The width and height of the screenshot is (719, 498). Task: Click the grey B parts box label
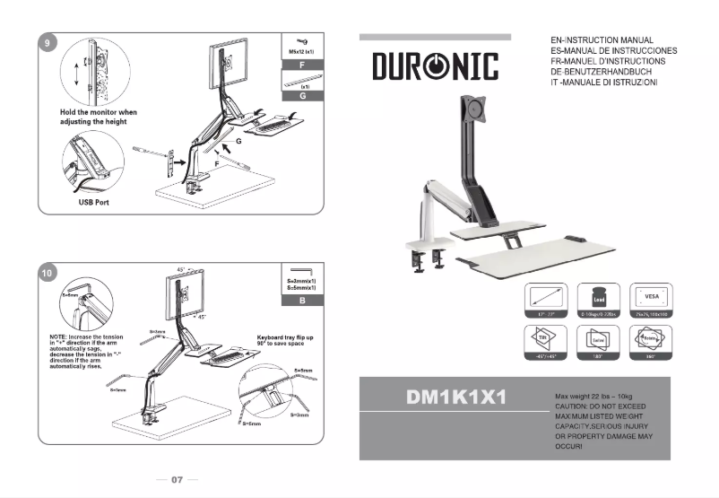click(x=303, y=301)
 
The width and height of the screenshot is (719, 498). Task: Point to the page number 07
click(x=177, y=480)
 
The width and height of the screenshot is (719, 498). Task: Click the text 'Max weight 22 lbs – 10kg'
click(x=596, y=396)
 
